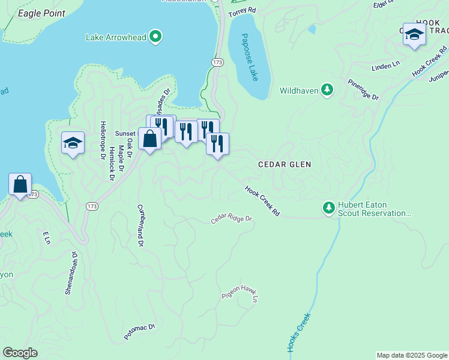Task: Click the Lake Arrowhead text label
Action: tap(116, 37)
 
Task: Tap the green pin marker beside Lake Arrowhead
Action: tap(155, 37)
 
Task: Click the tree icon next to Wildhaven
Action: tap(327, 90)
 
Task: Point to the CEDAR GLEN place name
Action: tap(285, 164)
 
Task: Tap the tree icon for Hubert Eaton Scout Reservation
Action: tap(328, 208)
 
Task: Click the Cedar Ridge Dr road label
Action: tap(232, 220)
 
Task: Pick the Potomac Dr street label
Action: tap(140, 332)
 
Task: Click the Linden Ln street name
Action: tap(385, 65)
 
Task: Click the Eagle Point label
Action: tap(41, 13)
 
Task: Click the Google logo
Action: tap(20, 352)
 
